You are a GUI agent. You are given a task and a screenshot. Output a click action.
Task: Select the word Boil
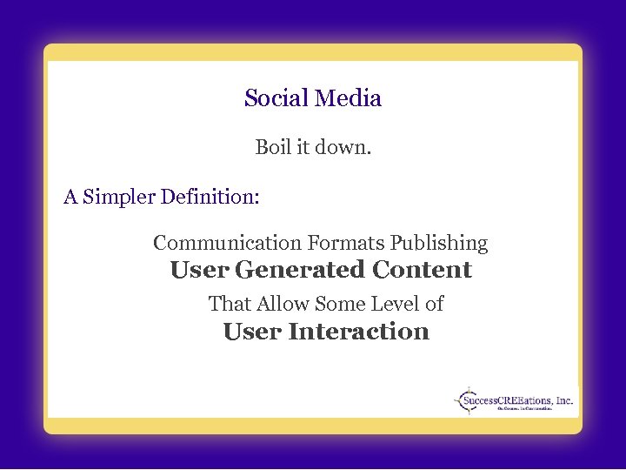pyautogui.click(x=273, y=148)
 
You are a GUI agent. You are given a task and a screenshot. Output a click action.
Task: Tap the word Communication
pyautogui.click(x=226, y=243)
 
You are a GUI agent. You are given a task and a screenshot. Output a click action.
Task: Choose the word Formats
pyautogui.click(x=345, y=243)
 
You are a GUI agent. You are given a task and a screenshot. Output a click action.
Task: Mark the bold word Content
pyautogui.click(x=422, y=270)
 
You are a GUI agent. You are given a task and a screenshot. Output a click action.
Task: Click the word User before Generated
pyautogui.click(x=199, y=270)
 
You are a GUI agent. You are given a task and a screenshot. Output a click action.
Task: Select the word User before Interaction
pyautogui.click(x=252, y=332)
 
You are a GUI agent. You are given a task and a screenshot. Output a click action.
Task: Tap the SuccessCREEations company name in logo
pyautogui.click(x=518, y=400)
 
